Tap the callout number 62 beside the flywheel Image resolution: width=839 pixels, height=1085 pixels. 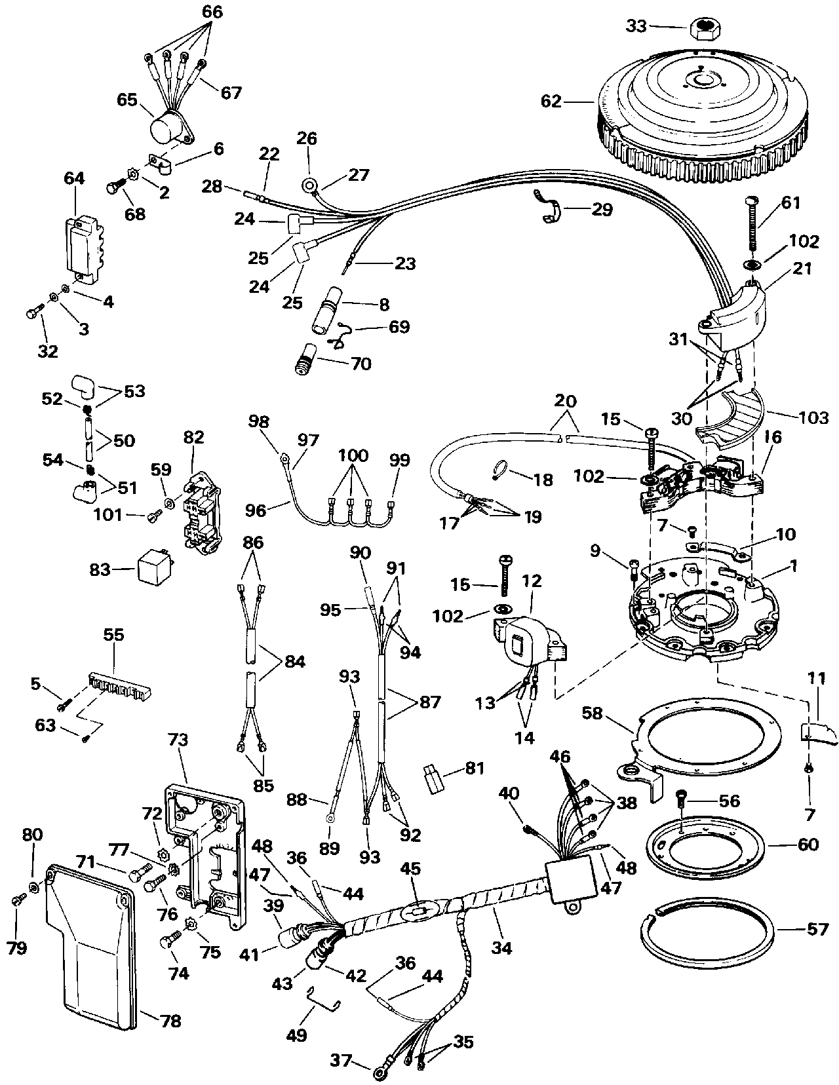[x=551, y=102]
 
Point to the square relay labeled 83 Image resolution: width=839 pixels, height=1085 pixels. [x=155, y=569]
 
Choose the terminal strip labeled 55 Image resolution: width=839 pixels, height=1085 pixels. [x=119, y=686]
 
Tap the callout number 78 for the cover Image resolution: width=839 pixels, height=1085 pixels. [x=170, y=1021]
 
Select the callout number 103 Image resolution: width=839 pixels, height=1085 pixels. [x=813, y=417]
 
